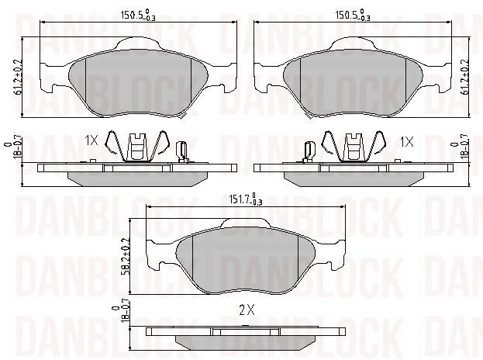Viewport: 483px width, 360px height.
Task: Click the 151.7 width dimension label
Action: (x=245, y=199)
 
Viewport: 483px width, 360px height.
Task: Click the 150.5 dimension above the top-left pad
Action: (x=138, y=16)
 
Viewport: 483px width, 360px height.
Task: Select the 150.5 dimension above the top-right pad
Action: (x=353, y=16)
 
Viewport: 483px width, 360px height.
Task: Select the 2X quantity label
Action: (x=247, y=310)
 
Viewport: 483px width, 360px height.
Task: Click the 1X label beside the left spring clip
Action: (x=91, y=141)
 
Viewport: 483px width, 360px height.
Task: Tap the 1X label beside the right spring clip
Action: (x=406, y=142)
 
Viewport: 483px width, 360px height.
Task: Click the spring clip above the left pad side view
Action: (x=137, y=147)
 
